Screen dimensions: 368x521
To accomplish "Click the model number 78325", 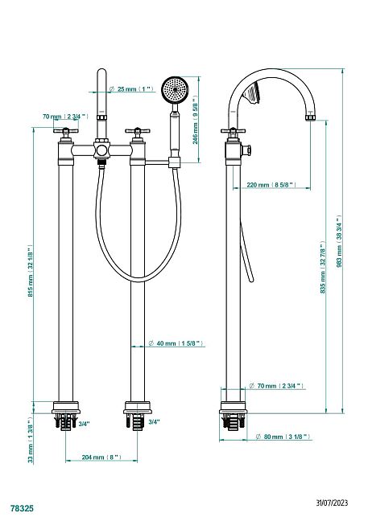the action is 22,508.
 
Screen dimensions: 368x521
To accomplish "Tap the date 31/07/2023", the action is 332,502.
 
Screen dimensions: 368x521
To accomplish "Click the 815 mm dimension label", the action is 30,272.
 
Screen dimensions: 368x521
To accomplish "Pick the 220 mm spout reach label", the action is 271,184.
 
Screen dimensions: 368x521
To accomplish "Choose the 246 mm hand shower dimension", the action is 196,120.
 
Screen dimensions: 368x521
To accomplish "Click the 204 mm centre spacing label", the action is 101,457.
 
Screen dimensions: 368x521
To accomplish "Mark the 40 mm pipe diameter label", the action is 176,343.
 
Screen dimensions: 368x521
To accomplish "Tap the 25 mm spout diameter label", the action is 131,88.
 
